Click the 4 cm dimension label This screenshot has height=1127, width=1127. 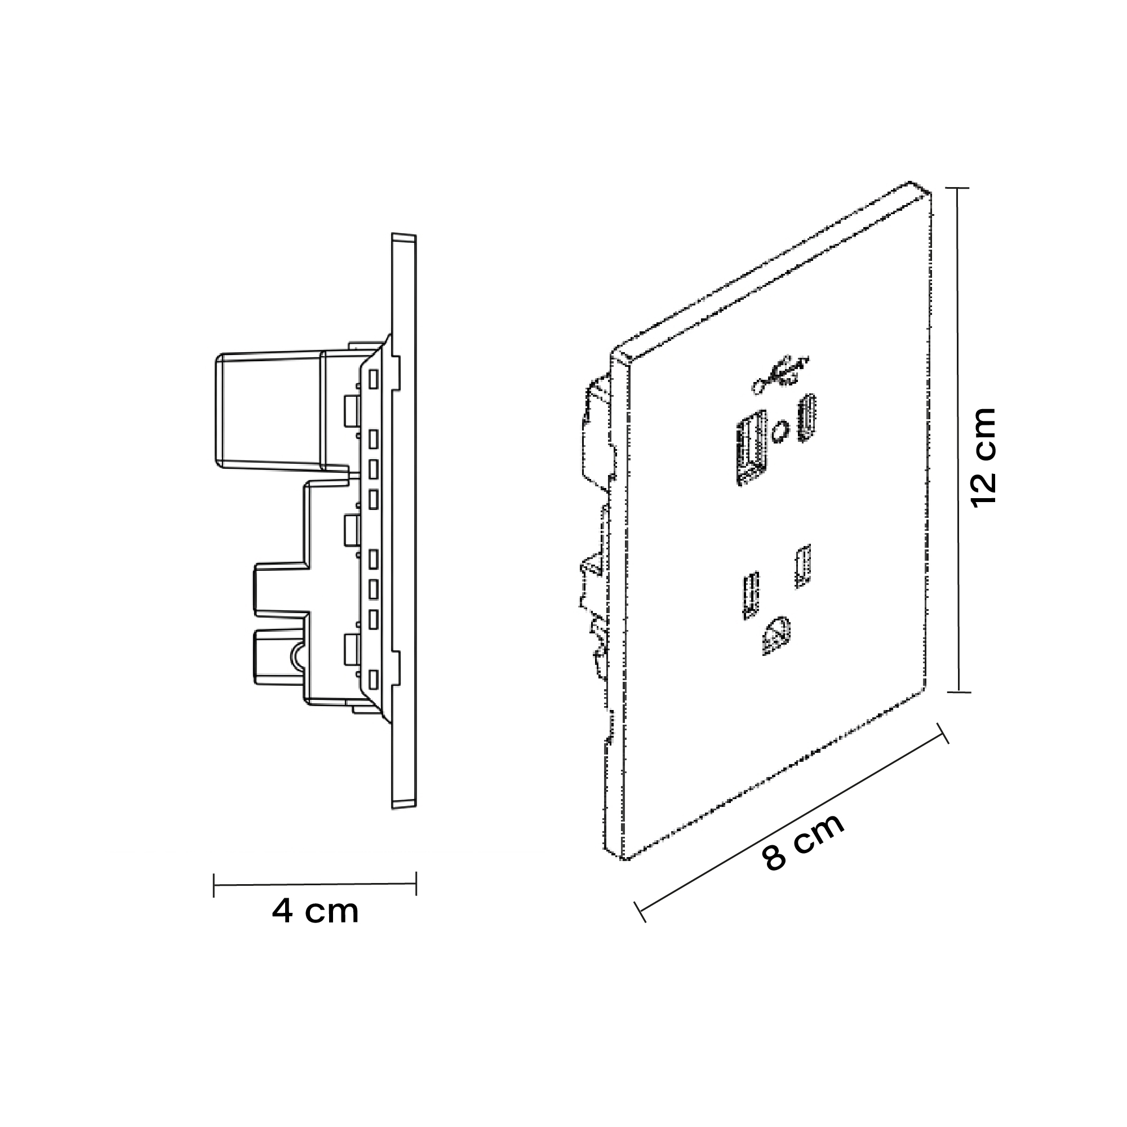[x=315, y=911]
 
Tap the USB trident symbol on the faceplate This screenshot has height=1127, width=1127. [x=780, y=371]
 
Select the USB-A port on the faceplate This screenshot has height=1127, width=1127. [x=751, y=446]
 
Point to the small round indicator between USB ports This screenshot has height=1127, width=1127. [x=779, y=432]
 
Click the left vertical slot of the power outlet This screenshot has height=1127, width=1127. [x=750, y=594]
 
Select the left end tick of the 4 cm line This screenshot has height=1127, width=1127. [x=214, y=885]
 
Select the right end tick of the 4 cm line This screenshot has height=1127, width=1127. [x=416, y=884]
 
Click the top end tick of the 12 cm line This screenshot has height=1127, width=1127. [x=957, y=188]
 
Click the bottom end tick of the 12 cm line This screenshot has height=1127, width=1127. [x=959, y=693]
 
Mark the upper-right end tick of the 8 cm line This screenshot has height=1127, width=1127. [x=942, y=734]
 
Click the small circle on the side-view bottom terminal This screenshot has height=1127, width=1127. [x=298, y=656]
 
